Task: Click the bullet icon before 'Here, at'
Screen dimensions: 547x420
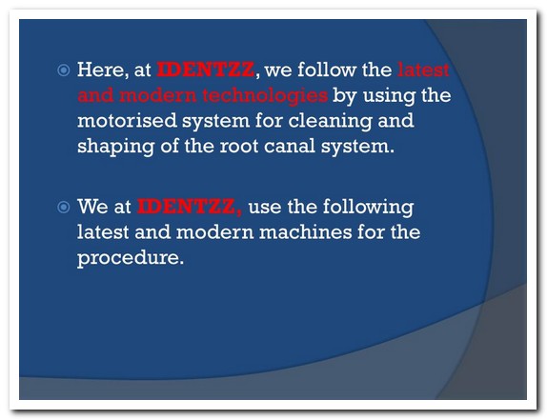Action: pyautogui.click(x=64, y=70)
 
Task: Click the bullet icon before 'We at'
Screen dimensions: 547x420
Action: pyautogui.click(x=64, y=208)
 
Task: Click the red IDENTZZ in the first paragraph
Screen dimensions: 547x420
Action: pyautogui.click(x=206, y=70)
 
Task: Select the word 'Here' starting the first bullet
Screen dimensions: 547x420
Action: pyautogui.click(x=100, y=70)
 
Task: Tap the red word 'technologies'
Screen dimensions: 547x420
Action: pyautogui.click(x=265, y=95)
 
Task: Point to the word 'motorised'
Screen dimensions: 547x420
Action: pyautogui.click(x=127, y=121)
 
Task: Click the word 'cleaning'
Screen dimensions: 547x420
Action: pyautogui.click(x=330, y=121)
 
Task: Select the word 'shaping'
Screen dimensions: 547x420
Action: pyautogui.click(x=116, y=146)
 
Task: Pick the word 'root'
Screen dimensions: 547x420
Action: pyautogui.click(x=239, y=146)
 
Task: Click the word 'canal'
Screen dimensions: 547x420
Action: pyautogui.click(x=290, y=146)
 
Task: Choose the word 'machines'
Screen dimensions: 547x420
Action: pyautogui.click(x=305, y=231)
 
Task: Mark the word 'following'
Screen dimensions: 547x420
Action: pyautogui.click(x=368, y=208)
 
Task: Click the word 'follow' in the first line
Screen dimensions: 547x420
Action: pyautogui.click(x=327, y=70)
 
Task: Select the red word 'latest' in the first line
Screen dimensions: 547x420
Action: pyautogui.click(x=423, y=70)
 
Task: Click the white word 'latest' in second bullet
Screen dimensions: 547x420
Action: pyautogui.click(x=103, y=231)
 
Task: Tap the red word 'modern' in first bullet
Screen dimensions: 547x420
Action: pyautogui.click(x=158, y=95)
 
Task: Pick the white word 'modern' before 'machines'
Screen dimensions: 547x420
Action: pyautogui.click(x=215, y=231)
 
